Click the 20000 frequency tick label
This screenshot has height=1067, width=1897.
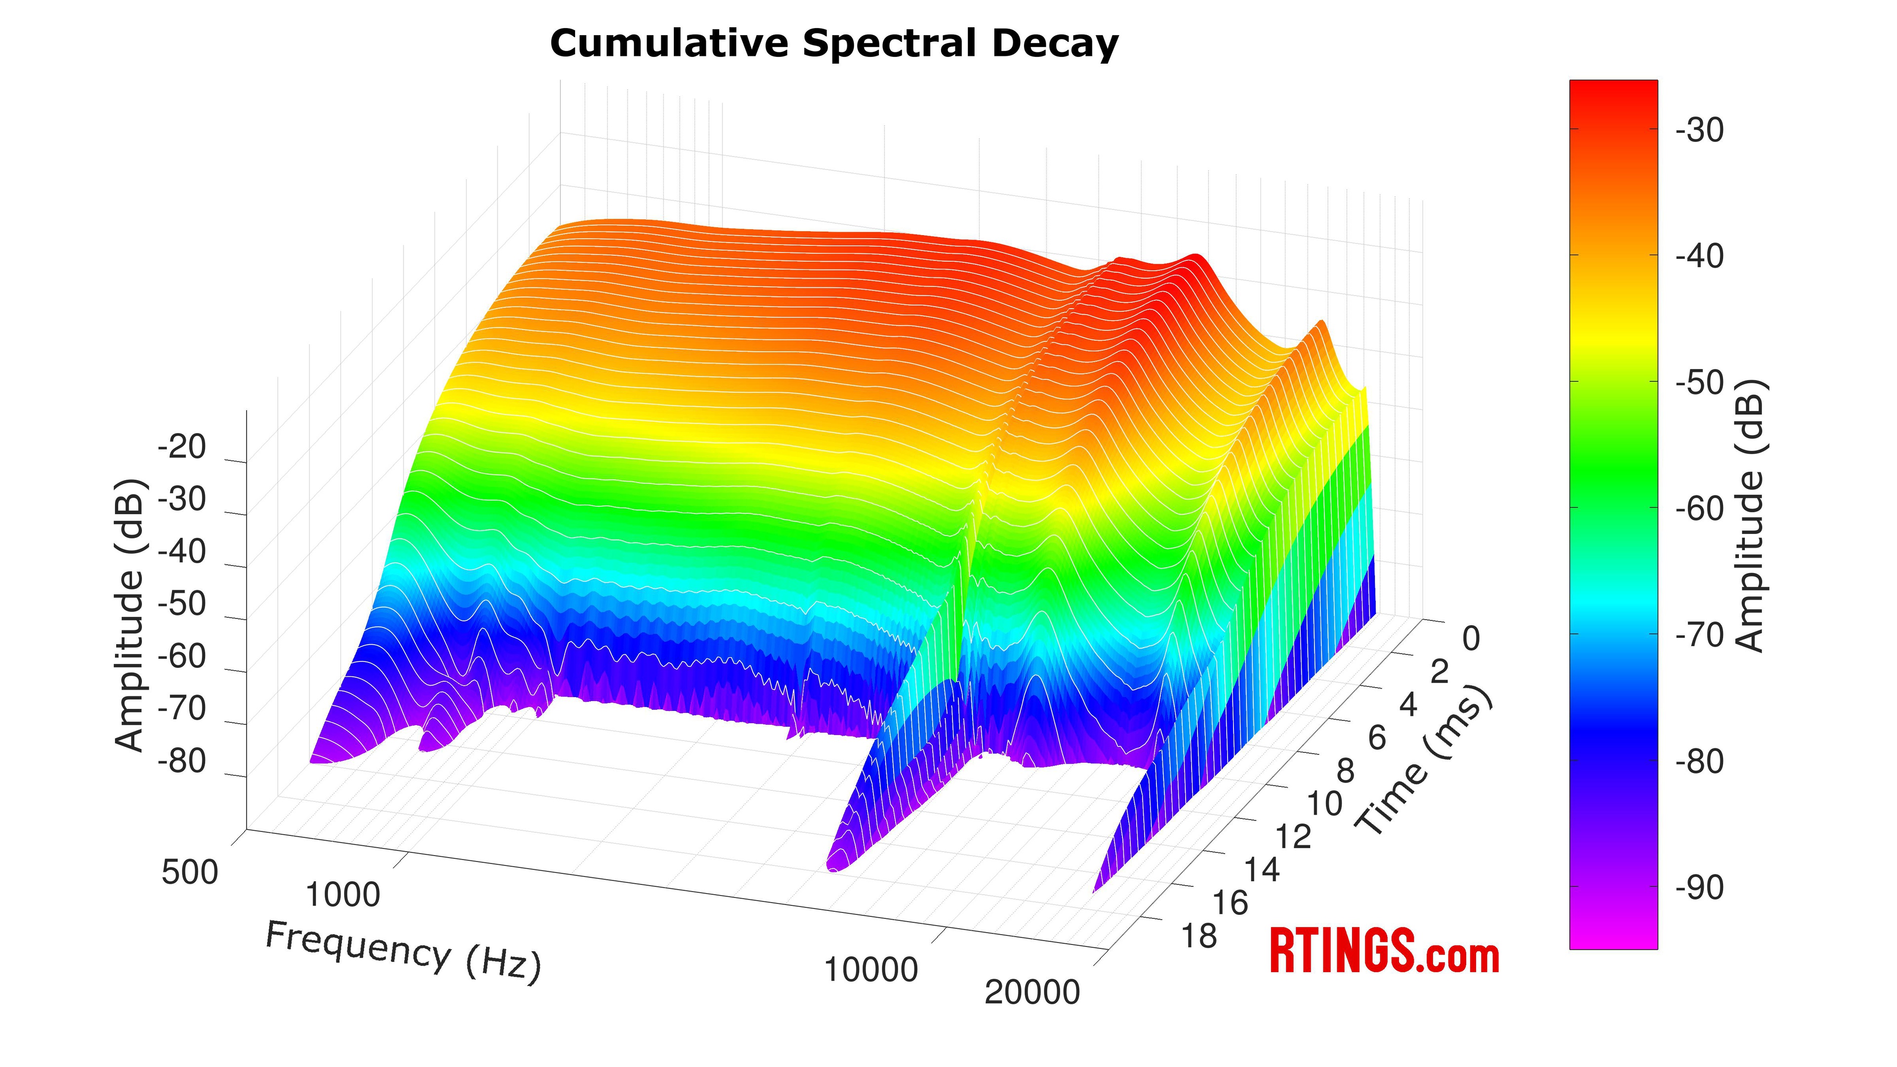[x=1031, y=992]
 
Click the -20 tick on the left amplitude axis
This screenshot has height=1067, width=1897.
[x=182, y=448]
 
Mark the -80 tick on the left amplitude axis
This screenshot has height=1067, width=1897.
[x=182, y=761]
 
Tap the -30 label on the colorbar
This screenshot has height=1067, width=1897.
[x=1699, y=130]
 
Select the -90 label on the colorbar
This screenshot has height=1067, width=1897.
[x=1699, y=888]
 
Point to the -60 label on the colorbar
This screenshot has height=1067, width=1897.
[x=1699, y=509]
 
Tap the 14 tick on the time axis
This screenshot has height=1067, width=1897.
[x=1262, y=870]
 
